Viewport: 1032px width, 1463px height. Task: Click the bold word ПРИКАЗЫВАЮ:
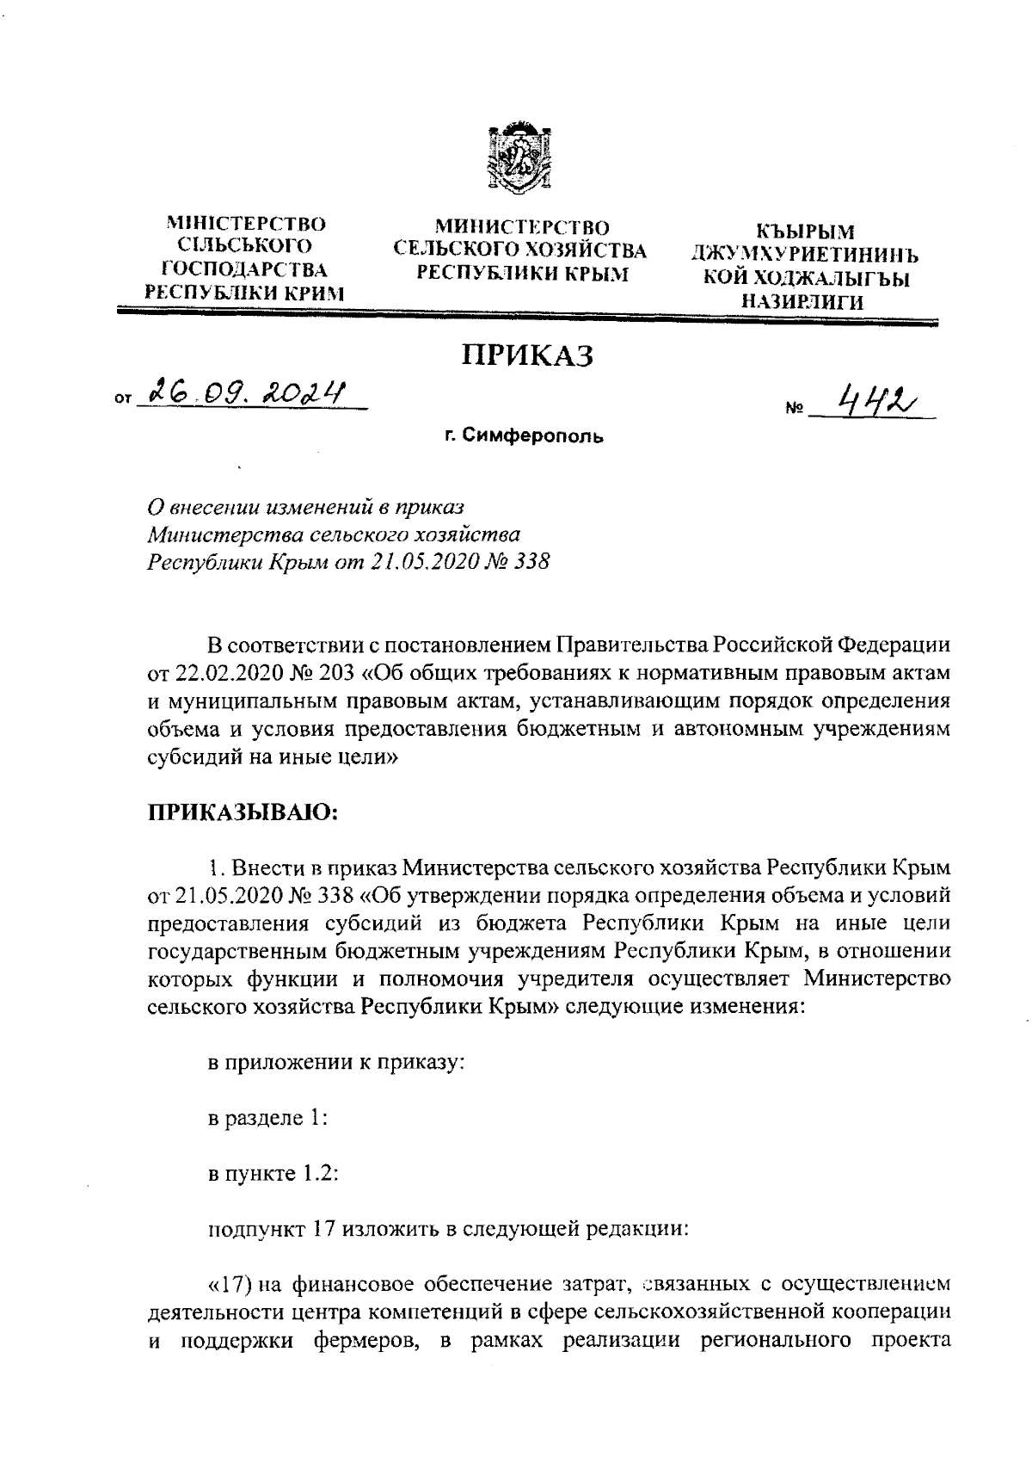point(243,812)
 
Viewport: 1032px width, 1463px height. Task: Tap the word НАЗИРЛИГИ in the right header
point(805,300)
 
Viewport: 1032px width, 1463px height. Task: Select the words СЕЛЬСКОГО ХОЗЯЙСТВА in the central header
point(519,250)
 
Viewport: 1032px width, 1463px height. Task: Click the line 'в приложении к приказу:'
point(337,1063)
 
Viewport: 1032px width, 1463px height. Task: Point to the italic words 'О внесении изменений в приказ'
point(305,508)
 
